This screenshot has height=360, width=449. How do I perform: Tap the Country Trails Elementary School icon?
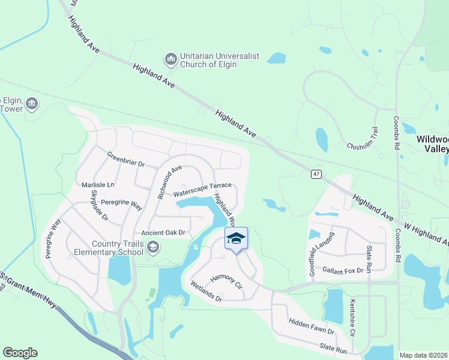click(x=153, y=247)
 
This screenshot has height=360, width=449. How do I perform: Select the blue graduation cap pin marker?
click(x=236, y=238)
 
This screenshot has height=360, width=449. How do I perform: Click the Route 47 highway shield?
click(x=316, y=174)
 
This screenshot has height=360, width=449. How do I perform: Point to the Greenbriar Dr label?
click(x=126, y=160)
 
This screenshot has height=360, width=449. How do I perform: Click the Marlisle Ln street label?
click(x=98, y=184)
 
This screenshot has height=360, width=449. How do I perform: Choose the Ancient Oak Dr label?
click(x=165, y=233)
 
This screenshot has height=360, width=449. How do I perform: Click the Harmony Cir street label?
click(x=226, y=280)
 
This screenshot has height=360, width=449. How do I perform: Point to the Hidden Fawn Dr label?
click(x=311, y=326)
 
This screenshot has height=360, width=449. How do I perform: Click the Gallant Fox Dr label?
click(x=343, y=270)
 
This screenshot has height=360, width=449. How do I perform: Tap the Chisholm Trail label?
click(x=363, y=139)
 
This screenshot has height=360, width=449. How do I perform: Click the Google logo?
click(x=20, y=353)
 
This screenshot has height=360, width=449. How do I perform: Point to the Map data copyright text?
click(x=423, y=355)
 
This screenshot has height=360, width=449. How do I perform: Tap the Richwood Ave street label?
click(x=169, y=182)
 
